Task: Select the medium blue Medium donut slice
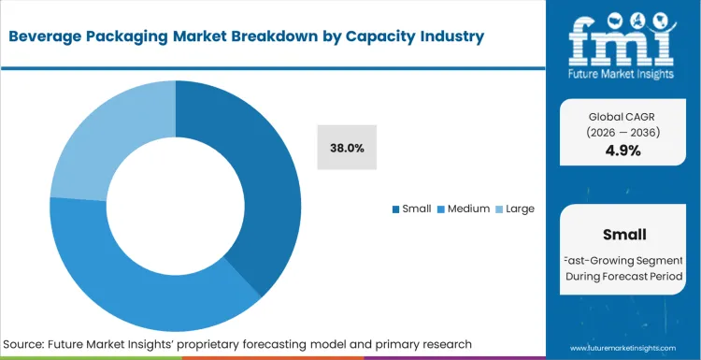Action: point(140,281)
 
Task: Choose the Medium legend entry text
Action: point(467,209)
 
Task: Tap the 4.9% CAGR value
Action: point(623,150)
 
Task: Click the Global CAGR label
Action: point(623,116)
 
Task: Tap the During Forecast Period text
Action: point(623,277)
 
